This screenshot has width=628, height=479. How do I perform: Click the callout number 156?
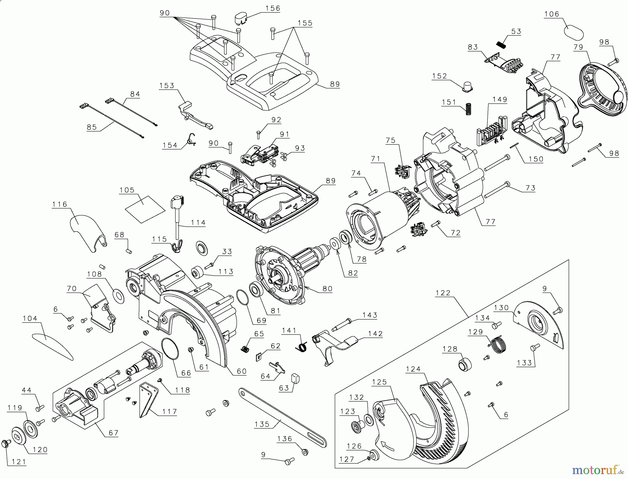273,8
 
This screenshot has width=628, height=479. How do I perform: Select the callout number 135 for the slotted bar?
262,424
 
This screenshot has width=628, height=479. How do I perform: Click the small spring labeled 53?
501,45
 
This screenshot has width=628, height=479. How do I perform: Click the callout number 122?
443,293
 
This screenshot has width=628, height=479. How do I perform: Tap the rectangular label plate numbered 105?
144,208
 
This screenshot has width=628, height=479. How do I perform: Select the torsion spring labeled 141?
302,346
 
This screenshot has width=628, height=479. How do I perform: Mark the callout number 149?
500,99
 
